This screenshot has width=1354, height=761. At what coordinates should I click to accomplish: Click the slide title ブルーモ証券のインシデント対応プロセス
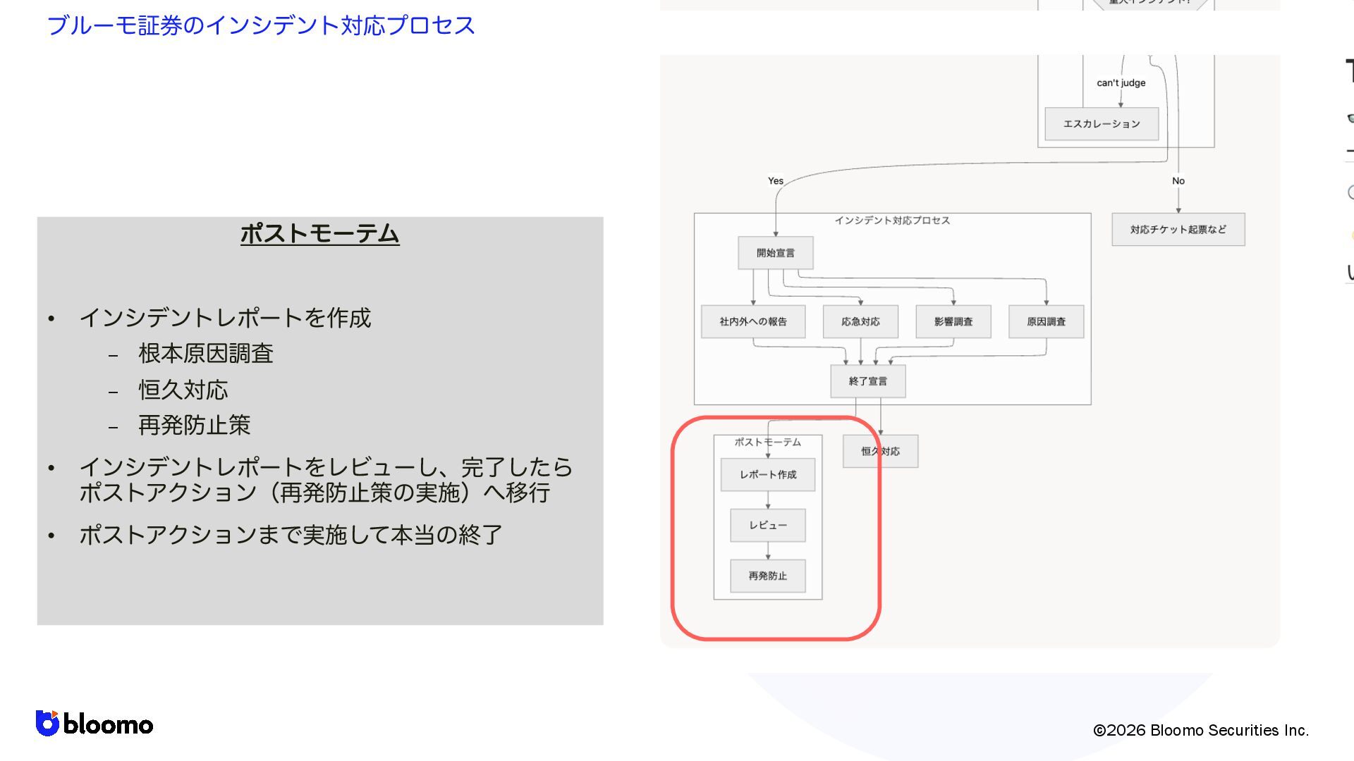coord(260,25)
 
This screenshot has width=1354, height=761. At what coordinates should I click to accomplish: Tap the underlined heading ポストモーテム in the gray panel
coord(319,233)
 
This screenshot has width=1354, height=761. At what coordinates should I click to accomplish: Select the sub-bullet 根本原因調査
coord(205,353)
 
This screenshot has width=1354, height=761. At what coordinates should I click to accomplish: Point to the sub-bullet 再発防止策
coord(194,425)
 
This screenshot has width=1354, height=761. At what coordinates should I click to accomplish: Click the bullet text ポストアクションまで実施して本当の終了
coord(290,535)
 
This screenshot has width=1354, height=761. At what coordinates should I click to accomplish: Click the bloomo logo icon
coord(47,723)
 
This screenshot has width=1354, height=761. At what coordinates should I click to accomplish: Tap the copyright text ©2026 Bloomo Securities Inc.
coord(1200,730)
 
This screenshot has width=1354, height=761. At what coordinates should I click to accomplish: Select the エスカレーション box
coord(1101,124)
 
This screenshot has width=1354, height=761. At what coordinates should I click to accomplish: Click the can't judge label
coord(1121,82)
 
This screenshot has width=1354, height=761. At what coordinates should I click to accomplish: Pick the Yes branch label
coord(775,181)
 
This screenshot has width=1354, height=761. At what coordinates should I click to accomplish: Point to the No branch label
coord(1178,181)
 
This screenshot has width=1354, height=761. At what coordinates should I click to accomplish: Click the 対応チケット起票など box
coord(1178,230)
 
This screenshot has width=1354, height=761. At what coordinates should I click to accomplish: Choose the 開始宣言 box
coord(775,253)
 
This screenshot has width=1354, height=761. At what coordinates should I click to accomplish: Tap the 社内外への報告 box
coord(752,322)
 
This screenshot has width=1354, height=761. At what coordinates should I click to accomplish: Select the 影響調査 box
coord(953,322)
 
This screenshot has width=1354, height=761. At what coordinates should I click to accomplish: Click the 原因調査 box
coord(1046,322)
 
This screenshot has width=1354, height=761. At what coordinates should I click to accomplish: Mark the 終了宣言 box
coord(867,381)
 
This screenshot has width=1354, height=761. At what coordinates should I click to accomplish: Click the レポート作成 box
coord(767,475)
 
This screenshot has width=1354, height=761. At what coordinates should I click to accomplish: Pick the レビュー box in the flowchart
coord(767,526)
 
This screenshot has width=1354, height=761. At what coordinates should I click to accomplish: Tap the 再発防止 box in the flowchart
coord(767,576)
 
